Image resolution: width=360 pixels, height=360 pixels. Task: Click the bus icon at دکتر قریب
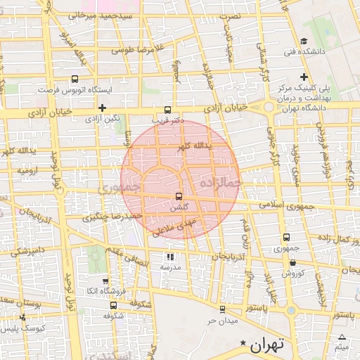[167, 110]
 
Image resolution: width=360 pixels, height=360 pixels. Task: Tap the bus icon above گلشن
[178, 197]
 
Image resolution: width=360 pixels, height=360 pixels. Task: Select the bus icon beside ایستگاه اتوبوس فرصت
[75, 79]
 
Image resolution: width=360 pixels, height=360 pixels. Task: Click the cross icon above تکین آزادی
[103, 108]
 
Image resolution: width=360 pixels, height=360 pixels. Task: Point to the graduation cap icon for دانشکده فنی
[303, 41]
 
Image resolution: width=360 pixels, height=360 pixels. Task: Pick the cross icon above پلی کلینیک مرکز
[304, 77]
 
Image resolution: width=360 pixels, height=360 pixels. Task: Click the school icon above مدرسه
[170, 257]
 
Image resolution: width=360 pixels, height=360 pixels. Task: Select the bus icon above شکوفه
[113, 305]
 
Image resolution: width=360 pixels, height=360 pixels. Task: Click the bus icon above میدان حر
[222, 309]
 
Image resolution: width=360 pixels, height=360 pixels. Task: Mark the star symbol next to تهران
[243, 343]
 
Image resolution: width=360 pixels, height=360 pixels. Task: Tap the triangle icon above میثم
[342, 336]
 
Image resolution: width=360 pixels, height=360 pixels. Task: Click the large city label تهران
[266, 345]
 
